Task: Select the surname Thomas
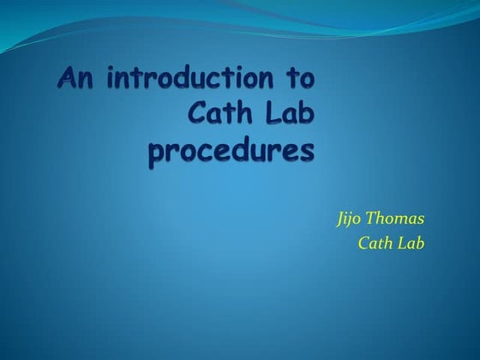[x=398, y=217]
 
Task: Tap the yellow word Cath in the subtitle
[x=375, y=243]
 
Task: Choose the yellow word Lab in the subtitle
[x=411, y=243]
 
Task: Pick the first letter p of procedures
[x=157, y=156]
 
